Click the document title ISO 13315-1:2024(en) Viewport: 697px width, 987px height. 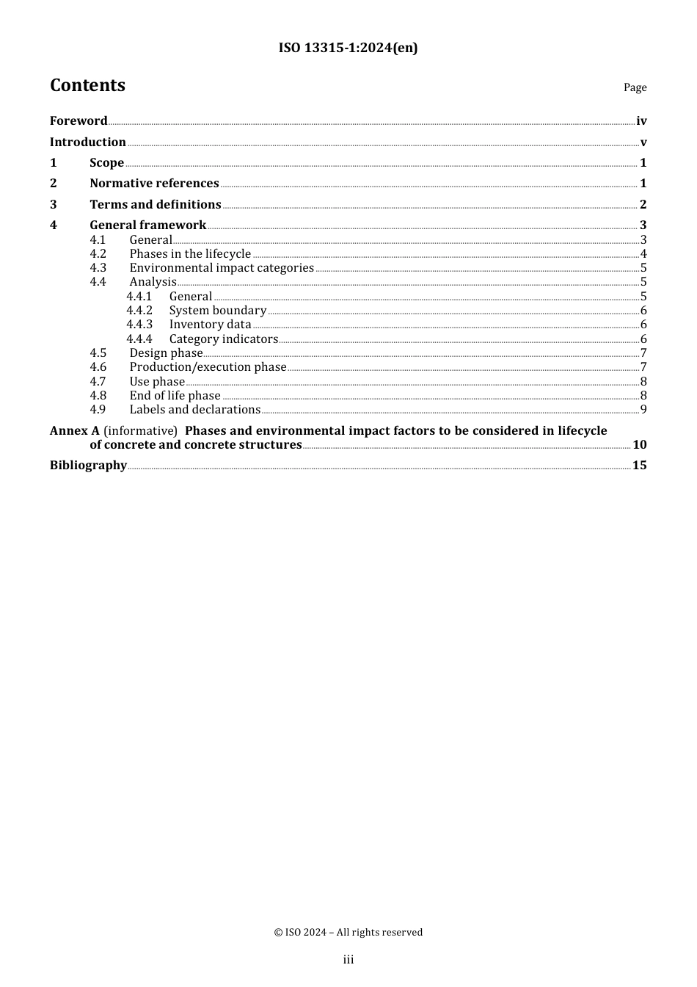348,48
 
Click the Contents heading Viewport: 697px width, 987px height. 87,85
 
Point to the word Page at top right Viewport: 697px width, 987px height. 635,87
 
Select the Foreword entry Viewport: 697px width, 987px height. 79,121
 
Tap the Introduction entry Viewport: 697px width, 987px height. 87,142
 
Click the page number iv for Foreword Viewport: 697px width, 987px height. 641,121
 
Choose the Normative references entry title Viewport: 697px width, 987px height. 154,184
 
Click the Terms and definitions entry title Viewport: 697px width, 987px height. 156,205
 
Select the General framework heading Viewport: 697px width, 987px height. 147,225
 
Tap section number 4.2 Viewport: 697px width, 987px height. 98,254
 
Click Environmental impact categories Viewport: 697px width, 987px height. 222,268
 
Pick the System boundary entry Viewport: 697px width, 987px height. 217,311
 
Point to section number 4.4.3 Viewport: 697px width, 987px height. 139,325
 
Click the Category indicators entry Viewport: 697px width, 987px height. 223,339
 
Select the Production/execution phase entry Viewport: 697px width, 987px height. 208,367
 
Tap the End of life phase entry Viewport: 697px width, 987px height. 175,396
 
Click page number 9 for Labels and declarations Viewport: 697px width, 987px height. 643,410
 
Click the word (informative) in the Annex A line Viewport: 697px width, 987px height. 140,431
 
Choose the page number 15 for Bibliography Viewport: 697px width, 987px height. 640,466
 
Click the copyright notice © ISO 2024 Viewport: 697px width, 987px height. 348,933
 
